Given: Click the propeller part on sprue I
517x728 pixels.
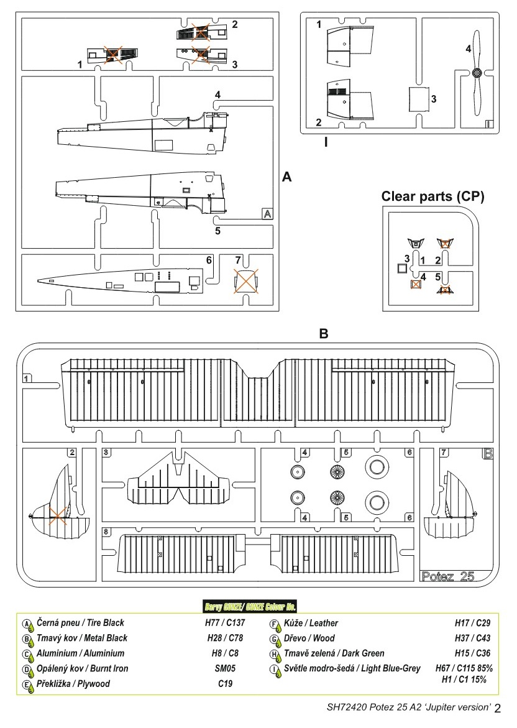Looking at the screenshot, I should click(x=477, y=73).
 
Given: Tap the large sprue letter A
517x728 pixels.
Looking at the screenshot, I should click(x=286, y=177).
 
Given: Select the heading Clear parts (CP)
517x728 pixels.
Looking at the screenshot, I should click(x=432, y=196).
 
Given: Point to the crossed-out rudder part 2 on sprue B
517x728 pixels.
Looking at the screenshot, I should click(x=57, y=514).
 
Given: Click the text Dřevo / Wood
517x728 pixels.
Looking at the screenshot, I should click(x=309, y=638).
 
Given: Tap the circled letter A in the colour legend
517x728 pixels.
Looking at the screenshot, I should click(x=27, y=623).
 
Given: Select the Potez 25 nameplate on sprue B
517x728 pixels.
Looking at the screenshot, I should click(x=447, y=576).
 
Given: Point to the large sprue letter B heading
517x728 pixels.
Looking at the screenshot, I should click(x=323, y=334).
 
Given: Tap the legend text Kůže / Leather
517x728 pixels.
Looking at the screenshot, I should click(x=311, y=622).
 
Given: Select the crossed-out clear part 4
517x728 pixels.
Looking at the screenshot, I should click(x=416, y=284).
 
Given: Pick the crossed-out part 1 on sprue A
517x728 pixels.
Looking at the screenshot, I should click(x=112, y=55).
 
